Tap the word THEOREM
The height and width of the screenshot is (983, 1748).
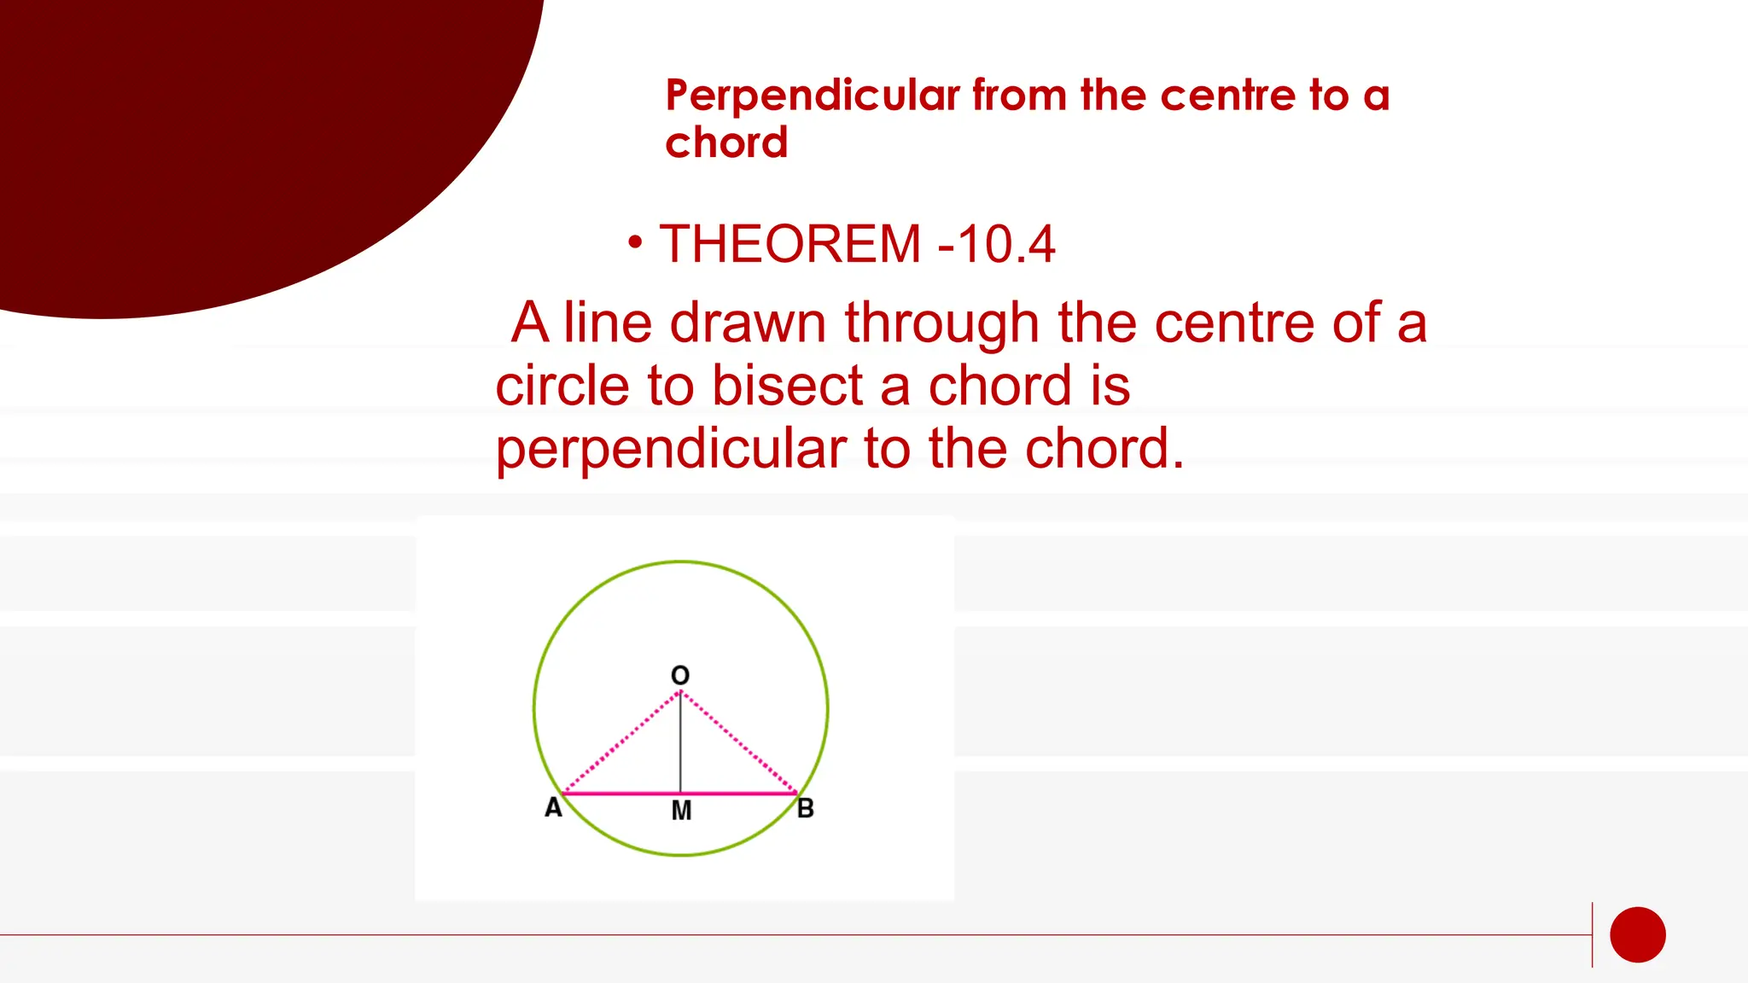click(x=790, y=244)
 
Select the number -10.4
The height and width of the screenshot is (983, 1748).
click(x=997, y=244)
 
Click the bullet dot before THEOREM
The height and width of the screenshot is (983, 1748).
click(x=634, y=242)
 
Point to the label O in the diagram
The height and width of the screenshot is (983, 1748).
click(x=680, y=676)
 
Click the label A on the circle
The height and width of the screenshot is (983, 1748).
click(x=553, y=807)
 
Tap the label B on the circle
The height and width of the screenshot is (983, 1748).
click(x=805, y=808)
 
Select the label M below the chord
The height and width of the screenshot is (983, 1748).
click(x=681, y=811)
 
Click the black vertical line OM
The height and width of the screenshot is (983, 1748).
click(x=680, y=742)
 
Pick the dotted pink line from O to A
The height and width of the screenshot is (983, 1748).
click(x=621, y=742)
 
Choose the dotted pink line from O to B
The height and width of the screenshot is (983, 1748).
click(x=739, y=742)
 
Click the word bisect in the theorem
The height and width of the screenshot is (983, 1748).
click(x=787, y=386)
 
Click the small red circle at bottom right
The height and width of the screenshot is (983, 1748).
click(x=1637, y=934)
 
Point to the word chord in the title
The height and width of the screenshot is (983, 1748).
click(x=726, y=143)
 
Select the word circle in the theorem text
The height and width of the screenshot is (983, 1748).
click(x=563, y=386)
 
